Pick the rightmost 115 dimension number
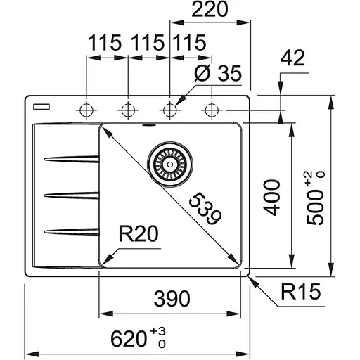pos(188,41)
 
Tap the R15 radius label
pos(299,289)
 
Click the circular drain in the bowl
pos(169,163)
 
